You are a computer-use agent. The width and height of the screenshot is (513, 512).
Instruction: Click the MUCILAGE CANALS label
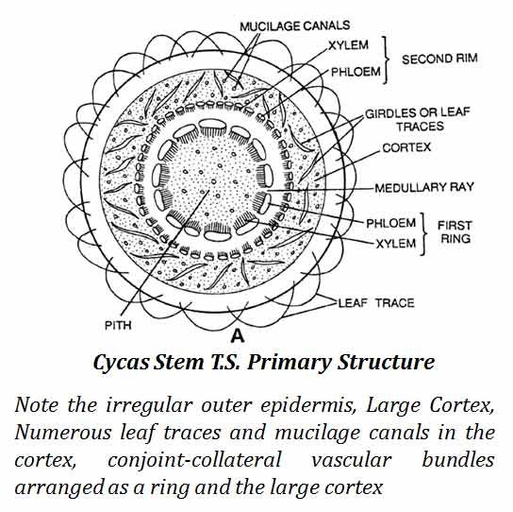[x=295, y=26]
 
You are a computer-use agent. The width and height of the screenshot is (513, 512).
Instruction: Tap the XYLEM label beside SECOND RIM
[x=348, y=45]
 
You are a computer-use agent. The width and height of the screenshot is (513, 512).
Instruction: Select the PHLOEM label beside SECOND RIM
[x=356, y=72]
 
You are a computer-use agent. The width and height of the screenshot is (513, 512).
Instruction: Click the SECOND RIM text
[x=439, y=59]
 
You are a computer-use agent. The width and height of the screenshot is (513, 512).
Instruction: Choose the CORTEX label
[x=406, y=147]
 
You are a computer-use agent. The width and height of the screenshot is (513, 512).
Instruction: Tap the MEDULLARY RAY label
[x=424, y=187]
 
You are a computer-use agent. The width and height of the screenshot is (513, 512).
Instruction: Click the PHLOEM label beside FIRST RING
[x=391, y=223]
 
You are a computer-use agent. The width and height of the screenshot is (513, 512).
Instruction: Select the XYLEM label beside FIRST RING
[x=396, y=244]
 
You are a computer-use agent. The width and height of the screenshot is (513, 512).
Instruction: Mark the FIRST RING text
[x=455, y=232]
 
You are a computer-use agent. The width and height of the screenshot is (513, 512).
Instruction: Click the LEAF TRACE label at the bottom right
[x=376, y=303]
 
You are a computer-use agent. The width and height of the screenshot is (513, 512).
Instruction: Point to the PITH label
[x=118, y=326]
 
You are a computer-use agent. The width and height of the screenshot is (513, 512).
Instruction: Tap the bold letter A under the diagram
[x=238, y=336]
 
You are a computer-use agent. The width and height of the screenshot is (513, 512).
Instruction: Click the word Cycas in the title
[x=121, y=363]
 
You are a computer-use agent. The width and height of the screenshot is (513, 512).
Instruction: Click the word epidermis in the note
[x=308, y=406]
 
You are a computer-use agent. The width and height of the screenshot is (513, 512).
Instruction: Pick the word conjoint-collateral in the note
[x=194, y=460]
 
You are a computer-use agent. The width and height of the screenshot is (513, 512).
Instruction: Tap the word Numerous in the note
[x=63, y=433]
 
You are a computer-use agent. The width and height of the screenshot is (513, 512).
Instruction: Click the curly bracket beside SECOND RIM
[x=386, y=60]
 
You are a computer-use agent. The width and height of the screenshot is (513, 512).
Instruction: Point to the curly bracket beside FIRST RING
[x=423, y=233]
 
